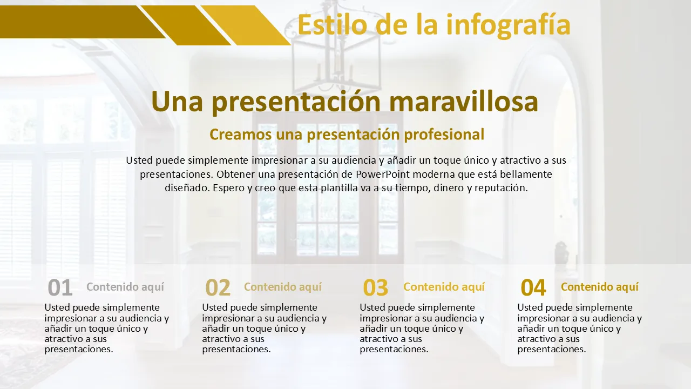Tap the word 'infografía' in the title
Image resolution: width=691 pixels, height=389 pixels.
(x=509, y=26)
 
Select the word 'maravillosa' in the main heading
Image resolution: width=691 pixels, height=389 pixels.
(x=464, y=101)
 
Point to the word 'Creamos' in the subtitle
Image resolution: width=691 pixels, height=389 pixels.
(x=241, y=135)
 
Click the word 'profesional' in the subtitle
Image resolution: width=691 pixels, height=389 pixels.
(x=444, y=135)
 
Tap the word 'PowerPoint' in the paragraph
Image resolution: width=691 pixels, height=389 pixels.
(x=383, y=175)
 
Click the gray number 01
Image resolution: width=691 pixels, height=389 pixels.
(x=60, y=287)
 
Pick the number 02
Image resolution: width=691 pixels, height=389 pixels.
(x=218, y=287)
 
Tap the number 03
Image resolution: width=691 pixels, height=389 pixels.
(x=375, y=287)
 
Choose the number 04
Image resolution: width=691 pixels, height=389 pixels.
(x=533, y=287)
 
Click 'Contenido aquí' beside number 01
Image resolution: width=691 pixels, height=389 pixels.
(x=125, y=287)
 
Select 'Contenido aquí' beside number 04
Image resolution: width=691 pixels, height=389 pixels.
(x=600, y=287)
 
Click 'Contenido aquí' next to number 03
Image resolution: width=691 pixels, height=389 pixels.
(x=444, y=287)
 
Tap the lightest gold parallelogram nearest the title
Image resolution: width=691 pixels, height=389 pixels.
(x=246, y=25)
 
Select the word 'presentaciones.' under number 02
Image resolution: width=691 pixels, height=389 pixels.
(x=236, y=350)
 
